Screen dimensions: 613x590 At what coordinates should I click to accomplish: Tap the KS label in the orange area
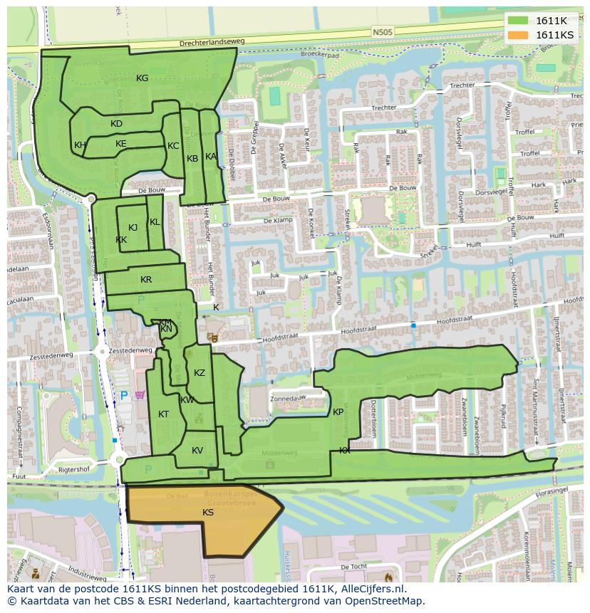coord(208,512)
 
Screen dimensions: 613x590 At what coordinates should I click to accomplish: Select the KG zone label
coord(143,78)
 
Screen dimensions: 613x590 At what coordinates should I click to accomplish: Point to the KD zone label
coord(117,124)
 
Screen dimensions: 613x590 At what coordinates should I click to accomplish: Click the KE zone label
coord(121,144)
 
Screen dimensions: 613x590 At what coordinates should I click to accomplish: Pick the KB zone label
coord(192,158)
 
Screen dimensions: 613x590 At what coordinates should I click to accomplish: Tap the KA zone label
coord(211,156)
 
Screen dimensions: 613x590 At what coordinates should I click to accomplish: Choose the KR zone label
coord(146,280)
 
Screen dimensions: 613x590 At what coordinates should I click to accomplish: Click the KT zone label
coord(164,414)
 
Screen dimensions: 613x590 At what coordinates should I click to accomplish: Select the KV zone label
coord(197,450)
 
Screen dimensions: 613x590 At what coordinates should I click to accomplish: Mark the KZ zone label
coord(200,373)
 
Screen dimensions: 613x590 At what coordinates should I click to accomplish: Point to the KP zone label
coord(338,412)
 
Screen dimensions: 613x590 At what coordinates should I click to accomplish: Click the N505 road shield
coord(382,31)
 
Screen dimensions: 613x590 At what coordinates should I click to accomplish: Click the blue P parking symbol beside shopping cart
coord(124,395)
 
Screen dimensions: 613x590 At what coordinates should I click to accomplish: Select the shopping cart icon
coord(140,395)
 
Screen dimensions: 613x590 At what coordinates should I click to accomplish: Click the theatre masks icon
coord(211,336)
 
